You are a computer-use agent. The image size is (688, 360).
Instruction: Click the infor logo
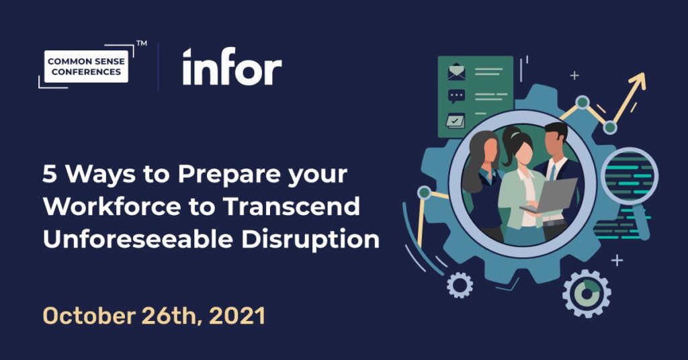[x=232, y=67]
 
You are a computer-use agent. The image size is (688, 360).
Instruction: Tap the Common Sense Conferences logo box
[x=85, y=67]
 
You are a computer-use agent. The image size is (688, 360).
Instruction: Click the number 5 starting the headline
[x=49, y=175]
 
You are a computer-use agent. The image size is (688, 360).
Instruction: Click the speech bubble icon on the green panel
[x=457, y=96]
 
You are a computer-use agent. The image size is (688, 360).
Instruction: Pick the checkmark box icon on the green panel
[x=457, y=121]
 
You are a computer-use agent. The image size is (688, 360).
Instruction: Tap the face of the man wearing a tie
[x=555, y=143]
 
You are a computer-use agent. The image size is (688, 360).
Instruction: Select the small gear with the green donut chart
[x=587, y=294]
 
